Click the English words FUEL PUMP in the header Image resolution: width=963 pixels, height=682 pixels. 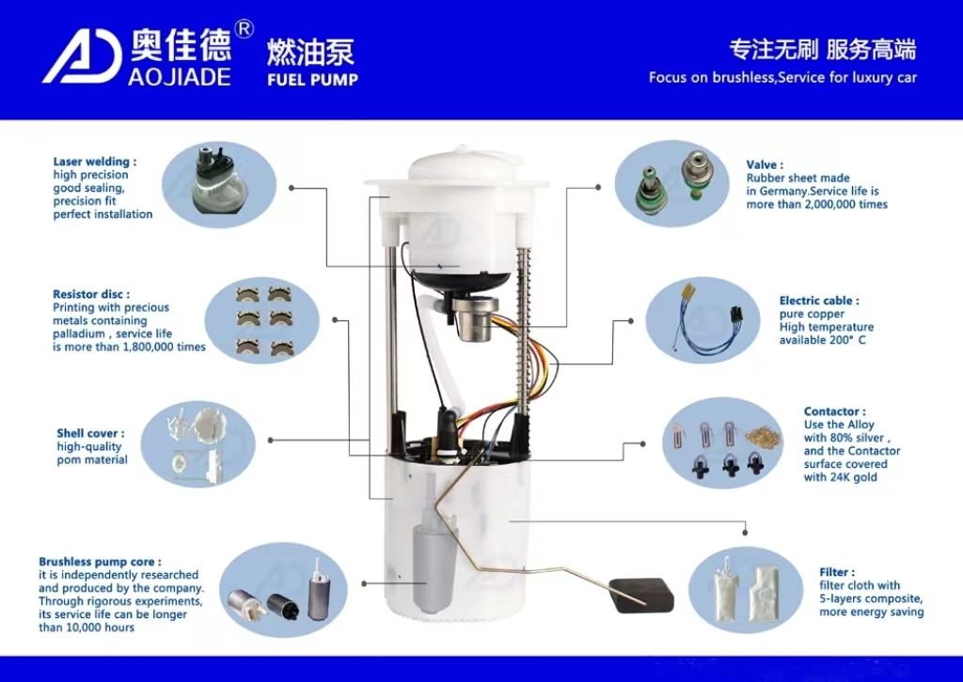(312, 80)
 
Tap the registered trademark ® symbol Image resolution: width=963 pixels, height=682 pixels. (243, 30)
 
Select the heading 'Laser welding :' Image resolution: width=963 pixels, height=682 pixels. (94, 162)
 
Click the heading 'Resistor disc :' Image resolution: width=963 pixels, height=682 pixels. (91, 294)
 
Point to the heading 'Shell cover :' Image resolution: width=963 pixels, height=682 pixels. (90, 433)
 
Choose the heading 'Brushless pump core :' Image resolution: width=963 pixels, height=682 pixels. (100, 562)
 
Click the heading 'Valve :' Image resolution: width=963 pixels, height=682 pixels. (765, 164)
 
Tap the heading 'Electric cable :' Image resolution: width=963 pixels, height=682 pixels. (818, 301)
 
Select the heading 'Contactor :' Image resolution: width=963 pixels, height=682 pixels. (833, 411)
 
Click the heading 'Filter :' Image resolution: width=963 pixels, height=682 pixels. (837, 572)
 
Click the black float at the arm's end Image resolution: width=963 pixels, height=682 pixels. (642, 595)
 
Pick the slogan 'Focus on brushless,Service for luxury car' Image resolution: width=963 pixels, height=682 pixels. (782, 77)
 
